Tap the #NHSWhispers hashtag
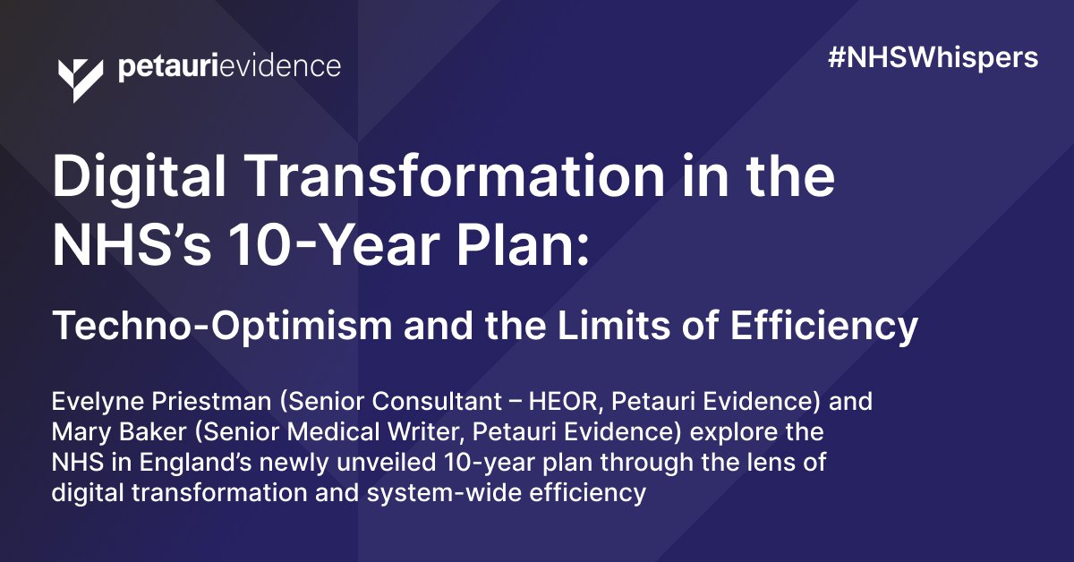click(933, 58)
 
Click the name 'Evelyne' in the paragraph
click(91, 402)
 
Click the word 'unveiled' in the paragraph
click(340, 463)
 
